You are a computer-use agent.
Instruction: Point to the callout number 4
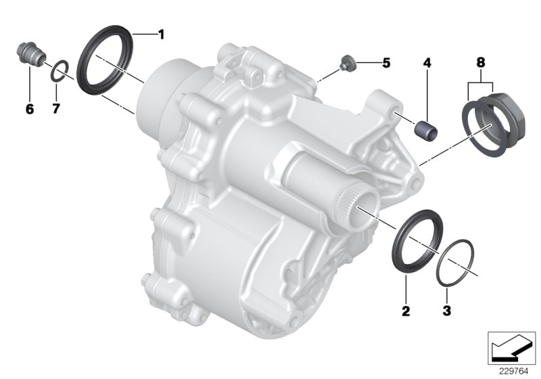tap(427, 63)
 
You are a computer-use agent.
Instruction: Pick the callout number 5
tap(386, 63)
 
